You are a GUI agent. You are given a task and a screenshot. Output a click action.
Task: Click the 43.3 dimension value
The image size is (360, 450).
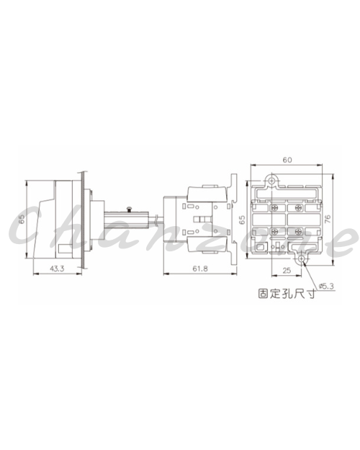click(x=57, y=269)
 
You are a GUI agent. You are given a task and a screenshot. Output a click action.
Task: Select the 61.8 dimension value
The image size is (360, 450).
click(x=200, y=269)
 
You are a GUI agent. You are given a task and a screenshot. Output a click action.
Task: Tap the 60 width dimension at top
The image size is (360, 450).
click(x=287, y=160)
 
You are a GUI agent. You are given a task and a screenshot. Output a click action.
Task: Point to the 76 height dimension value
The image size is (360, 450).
click(x=328, y=219)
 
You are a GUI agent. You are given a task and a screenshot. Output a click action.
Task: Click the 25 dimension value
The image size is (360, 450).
click(x=287, y=270)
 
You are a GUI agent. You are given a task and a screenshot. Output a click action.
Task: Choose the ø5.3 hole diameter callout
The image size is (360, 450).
click(x=326, y=286)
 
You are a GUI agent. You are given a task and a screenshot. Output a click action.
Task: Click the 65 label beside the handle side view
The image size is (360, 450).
click(x=22, y=220)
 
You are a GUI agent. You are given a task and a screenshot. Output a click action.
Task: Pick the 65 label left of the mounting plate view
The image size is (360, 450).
click(x=243, y=220)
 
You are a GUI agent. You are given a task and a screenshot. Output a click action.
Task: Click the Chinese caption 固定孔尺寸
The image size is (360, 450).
click(x=287, y=294)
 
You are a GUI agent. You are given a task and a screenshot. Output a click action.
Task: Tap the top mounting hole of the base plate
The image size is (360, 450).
click(x=271, y=181)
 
